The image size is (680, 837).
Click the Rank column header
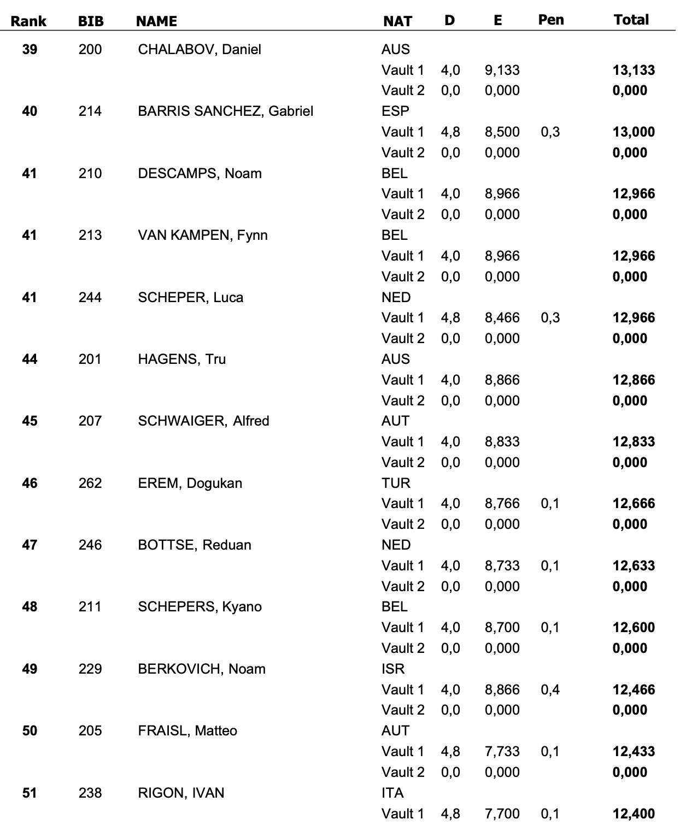[x=29, y=21]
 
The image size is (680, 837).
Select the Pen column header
[x=550, y=20]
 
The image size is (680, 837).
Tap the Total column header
[x=631, y=20]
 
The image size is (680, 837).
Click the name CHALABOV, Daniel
[x=200, y=50]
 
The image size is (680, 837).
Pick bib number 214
[x=90, y=111]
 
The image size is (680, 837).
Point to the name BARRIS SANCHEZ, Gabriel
[x=225, y=111]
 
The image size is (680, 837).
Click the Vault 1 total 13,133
[x=634, y=70]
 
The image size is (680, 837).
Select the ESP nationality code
[x=395, y=111]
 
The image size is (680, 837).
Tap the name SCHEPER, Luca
[x=190, y=298]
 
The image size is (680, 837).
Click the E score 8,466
[x=502, y=318]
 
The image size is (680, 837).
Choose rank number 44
[x=30, y=359]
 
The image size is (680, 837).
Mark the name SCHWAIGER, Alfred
[x=203, y=421]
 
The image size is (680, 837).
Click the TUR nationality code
[x=396, y=484]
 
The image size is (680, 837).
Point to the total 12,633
[x=634, y=566]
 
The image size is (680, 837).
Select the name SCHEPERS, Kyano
[x=200, y=607]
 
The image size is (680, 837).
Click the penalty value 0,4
[x=550, y=690]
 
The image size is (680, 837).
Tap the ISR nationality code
[x=393, y=669]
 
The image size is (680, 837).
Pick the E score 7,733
[x=502, y=752]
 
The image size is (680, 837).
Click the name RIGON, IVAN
[x=181, y=793]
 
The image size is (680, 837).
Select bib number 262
[x=90, y=484]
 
